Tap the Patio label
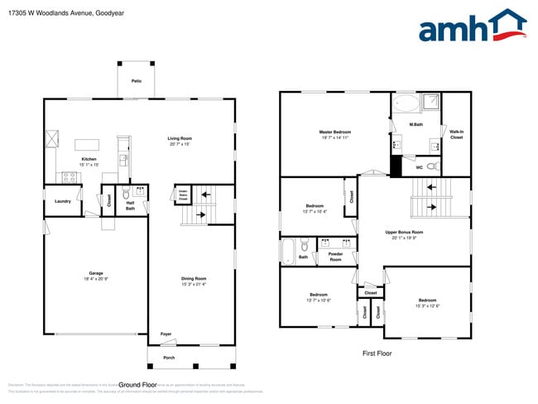(x=135, y=80)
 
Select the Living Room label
(x=180, y=138)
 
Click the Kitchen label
(x=89, y=159)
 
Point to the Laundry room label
(x=62, y=201)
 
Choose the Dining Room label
(x=194, y=278)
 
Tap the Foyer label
(x=166, y=334)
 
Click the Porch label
(x=169, y=358)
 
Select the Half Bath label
(x=130, y=205)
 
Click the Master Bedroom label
(x=335, y=132)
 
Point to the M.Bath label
(x=416, y=125)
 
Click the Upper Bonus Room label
(x=404, y=232)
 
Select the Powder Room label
(x=335, y=257)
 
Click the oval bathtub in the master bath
(x=405, y=104)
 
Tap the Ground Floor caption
(x=137, y=385)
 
